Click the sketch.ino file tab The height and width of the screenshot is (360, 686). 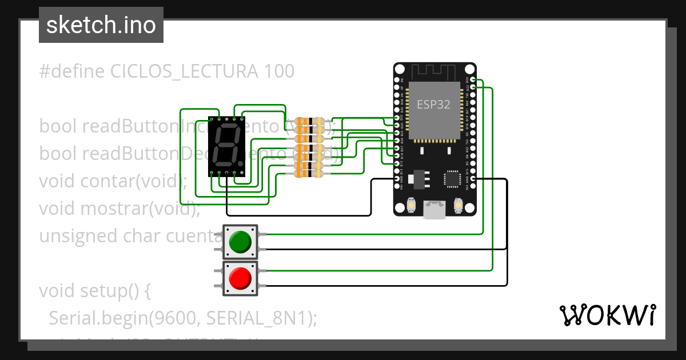(101, 25)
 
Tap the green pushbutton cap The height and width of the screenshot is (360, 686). (240, 242)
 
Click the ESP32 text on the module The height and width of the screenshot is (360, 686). (433, 104)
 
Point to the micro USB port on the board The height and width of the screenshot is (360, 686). (434, 209)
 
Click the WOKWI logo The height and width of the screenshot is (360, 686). (607, 315)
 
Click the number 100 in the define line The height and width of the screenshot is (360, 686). (280, 71)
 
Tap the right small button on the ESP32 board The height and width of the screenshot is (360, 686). (457, 205)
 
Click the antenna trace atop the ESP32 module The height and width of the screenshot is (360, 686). (434, 73)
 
